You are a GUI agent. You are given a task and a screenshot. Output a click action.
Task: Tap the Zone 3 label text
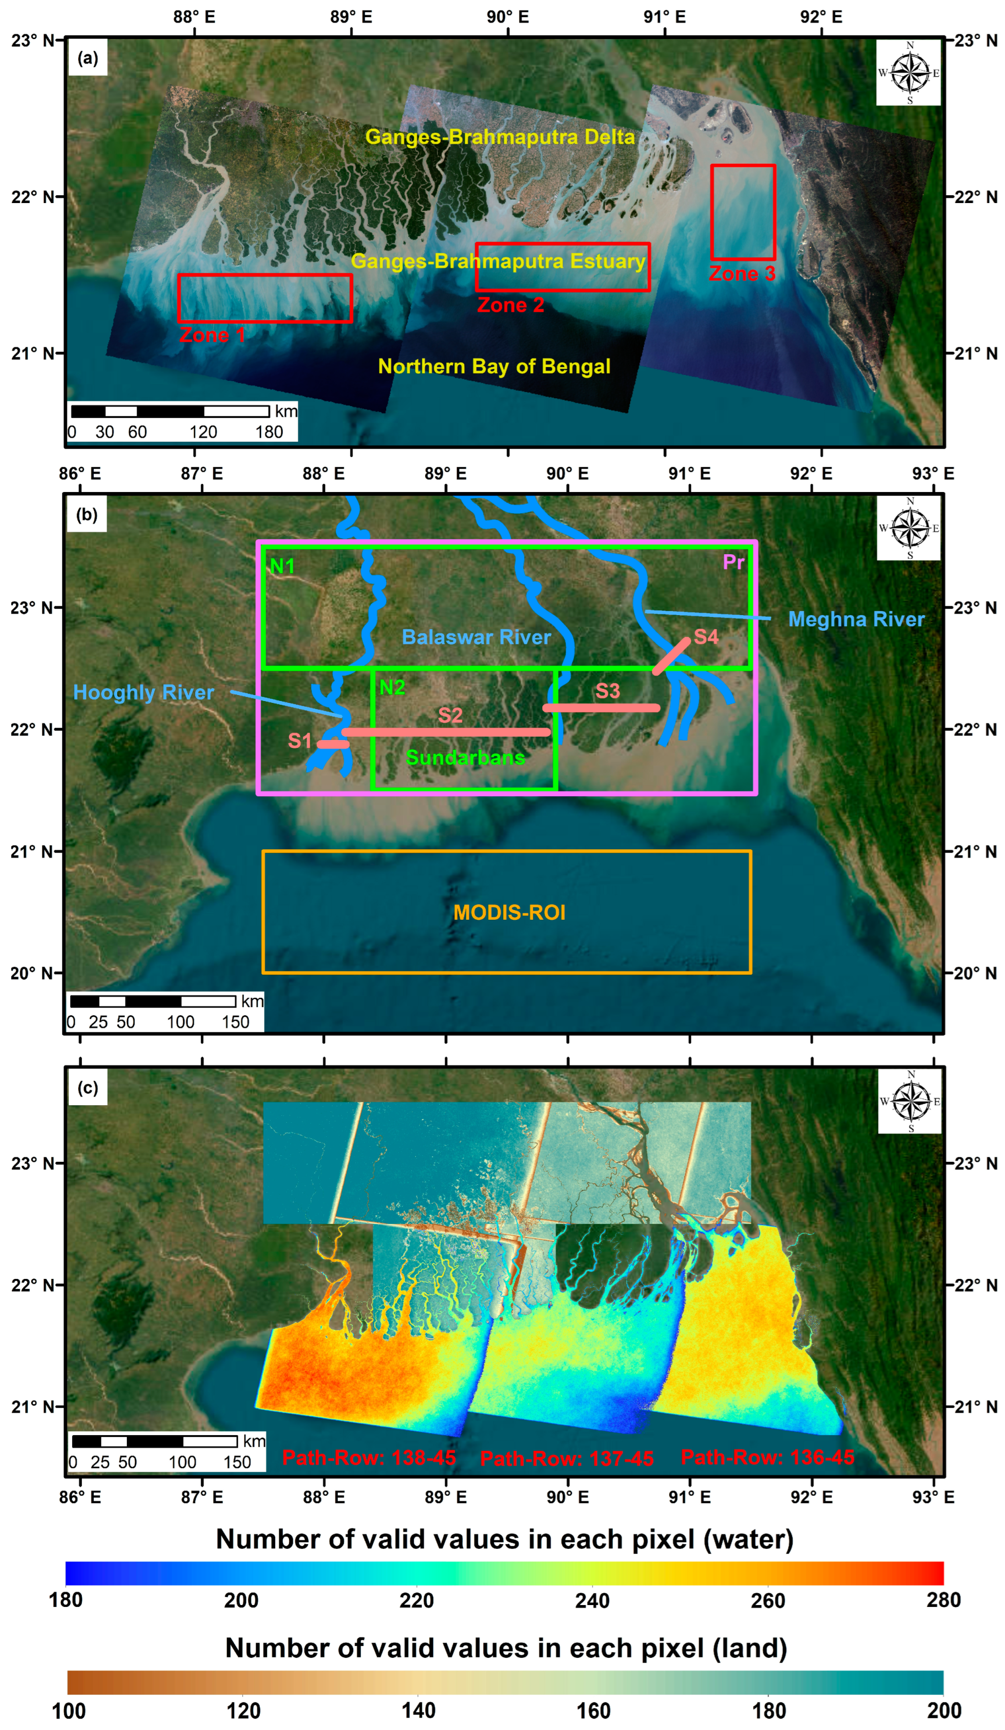coord(742,274)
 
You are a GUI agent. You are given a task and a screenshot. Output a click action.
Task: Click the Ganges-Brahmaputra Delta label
coord(500,137)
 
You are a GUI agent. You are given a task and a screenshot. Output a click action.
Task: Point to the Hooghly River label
coord(144,692)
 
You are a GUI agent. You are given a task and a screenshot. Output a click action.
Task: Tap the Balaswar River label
coord(476,637)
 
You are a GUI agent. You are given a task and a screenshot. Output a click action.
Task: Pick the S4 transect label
coord(706,637)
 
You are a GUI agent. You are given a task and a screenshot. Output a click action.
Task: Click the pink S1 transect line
coord(333,744)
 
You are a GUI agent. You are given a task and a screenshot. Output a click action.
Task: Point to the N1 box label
coord(282,566)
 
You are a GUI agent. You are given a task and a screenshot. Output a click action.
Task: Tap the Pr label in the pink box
coord(733,562)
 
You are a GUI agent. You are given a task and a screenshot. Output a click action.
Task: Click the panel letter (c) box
coord(88,1088)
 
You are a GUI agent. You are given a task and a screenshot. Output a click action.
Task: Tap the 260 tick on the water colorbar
coord(767,1600)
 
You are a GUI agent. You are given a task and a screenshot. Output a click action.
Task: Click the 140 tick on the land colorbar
coord(418,1710)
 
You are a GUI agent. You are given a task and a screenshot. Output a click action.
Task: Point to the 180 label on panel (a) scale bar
coord(269,432)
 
